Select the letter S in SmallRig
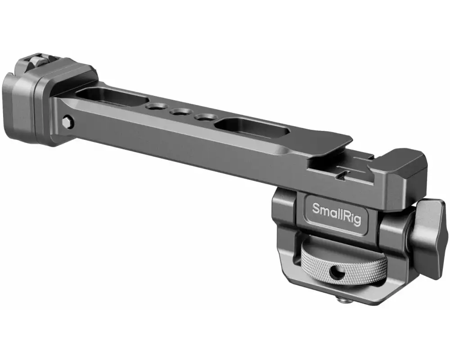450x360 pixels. (316, 208)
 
